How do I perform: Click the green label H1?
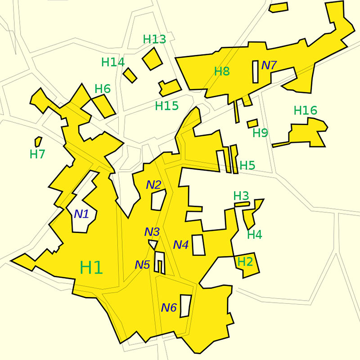point(91,267)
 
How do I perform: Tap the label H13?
point(154,39)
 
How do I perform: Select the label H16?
point(306,110)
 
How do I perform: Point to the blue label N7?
point(269,65)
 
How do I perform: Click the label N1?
point(81,214)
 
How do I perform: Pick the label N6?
point(169,308)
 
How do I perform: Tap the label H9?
point(260,133)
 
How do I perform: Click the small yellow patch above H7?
point(38,141)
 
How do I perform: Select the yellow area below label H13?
point(152,58)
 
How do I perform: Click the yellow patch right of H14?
point(130,75)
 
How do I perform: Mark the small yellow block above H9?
point(252,123)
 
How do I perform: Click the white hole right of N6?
point(185,306)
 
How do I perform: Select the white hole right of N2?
point(158,199)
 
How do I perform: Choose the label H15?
point(166,106)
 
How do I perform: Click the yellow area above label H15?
point(170,87)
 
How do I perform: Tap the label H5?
point(247,165)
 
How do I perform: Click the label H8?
point(222,71)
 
